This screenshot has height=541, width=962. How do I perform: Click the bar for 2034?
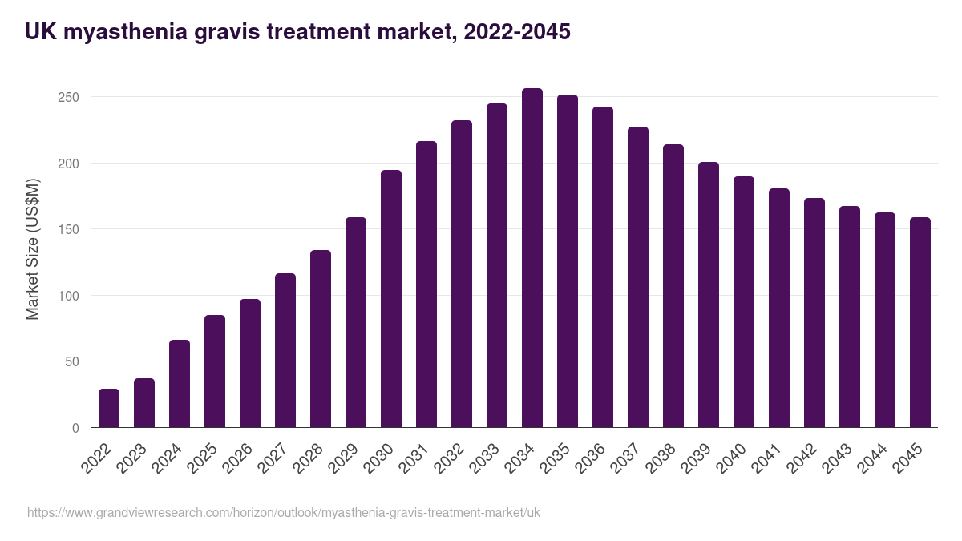click(532, 258)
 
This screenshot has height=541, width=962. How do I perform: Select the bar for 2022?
click(109, 408)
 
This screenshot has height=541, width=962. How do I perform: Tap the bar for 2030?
click(391, 299)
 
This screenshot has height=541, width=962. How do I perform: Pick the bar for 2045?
click(920, 322)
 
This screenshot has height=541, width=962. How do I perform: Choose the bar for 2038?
click(673, 286)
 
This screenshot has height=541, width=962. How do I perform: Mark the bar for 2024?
click(180, 384)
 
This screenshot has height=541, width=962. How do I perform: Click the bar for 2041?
click(779, 308)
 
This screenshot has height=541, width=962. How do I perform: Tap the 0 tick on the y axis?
click(75, 428)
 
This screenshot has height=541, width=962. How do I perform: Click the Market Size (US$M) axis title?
click(32, 248)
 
